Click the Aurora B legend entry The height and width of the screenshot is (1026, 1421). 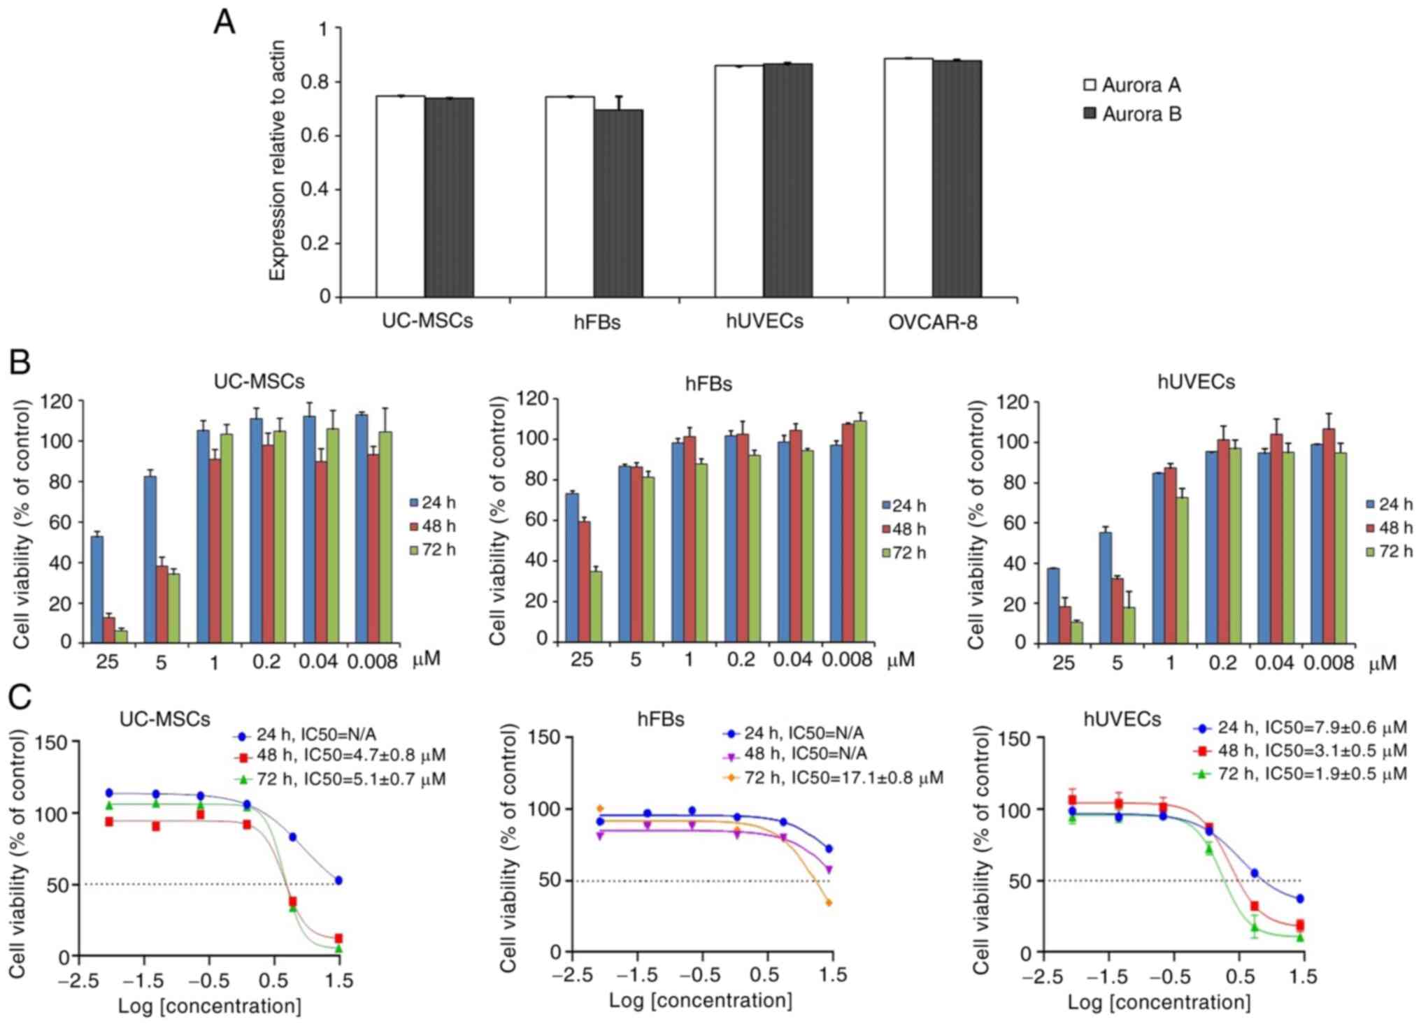1132,114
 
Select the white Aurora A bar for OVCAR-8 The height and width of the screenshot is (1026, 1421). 908,178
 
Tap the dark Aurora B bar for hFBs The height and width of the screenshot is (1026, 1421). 618,203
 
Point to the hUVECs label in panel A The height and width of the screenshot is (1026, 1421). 764,321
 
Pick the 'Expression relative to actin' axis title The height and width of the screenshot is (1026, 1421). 278,161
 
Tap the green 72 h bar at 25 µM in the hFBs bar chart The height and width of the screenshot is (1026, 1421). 596,605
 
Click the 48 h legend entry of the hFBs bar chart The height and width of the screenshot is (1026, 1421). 904,529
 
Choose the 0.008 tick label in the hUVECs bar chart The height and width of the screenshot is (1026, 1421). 1329,663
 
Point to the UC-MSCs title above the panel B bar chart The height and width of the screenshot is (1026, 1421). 259,382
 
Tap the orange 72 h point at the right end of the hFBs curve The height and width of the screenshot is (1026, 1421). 829,902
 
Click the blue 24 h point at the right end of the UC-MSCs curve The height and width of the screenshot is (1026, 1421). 339,880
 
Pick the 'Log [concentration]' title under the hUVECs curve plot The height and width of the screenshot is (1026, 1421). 1159,1002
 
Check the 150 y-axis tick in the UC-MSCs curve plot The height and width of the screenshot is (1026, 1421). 54,742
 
